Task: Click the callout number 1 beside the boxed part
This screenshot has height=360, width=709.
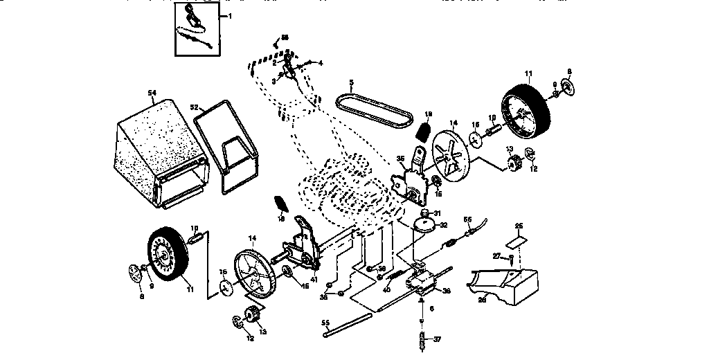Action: (x=231, y=15)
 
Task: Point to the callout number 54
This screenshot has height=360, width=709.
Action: (x=152, y=92)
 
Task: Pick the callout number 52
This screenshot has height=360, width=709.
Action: (x=195, y=107)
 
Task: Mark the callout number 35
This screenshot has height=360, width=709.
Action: (x=401, y=159)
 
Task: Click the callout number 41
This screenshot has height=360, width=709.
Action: (x=314, y=279)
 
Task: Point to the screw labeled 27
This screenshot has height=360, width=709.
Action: (x=511, y=261)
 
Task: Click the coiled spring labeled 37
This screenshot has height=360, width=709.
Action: (x=421, y=341)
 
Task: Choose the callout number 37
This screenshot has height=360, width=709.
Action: (x=437, y=340)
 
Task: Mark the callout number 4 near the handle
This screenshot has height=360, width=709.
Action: (x=321, y=63)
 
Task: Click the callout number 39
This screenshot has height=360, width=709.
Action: (x=382, y=268)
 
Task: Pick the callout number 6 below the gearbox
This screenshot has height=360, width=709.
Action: (x=432, y=309)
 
